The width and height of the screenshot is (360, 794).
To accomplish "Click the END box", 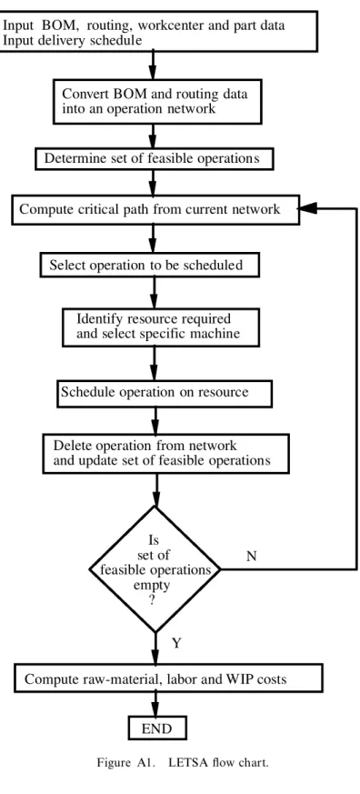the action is pos(157,729).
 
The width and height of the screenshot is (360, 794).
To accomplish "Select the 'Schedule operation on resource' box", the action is pos(165,394).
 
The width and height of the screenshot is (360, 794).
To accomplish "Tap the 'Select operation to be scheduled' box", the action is pos(150,265).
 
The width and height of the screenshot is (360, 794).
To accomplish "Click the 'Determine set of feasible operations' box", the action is pos(155,158).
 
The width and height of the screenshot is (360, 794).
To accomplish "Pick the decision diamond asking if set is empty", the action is pos(155,569).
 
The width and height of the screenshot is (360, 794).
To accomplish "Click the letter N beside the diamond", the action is pos(252,556).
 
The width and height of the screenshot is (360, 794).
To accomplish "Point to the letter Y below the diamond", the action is pos(176,644).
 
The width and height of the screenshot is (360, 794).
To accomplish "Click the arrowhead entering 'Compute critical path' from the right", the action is pos(308,208).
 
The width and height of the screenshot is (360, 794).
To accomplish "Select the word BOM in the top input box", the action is pos(60,25).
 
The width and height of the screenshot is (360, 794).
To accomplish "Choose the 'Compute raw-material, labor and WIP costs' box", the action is pos(167,678).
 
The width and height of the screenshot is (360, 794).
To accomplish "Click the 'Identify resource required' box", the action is pos(161,327).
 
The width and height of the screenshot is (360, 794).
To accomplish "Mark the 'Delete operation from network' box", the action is pos(166,454).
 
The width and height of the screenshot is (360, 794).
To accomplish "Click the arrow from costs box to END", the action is pos(155,704).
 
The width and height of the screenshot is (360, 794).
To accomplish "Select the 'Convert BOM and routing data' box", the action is pos(157,101).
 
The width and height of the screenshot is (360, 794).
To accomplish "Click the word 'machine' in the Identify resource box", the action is pos(215,334).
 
